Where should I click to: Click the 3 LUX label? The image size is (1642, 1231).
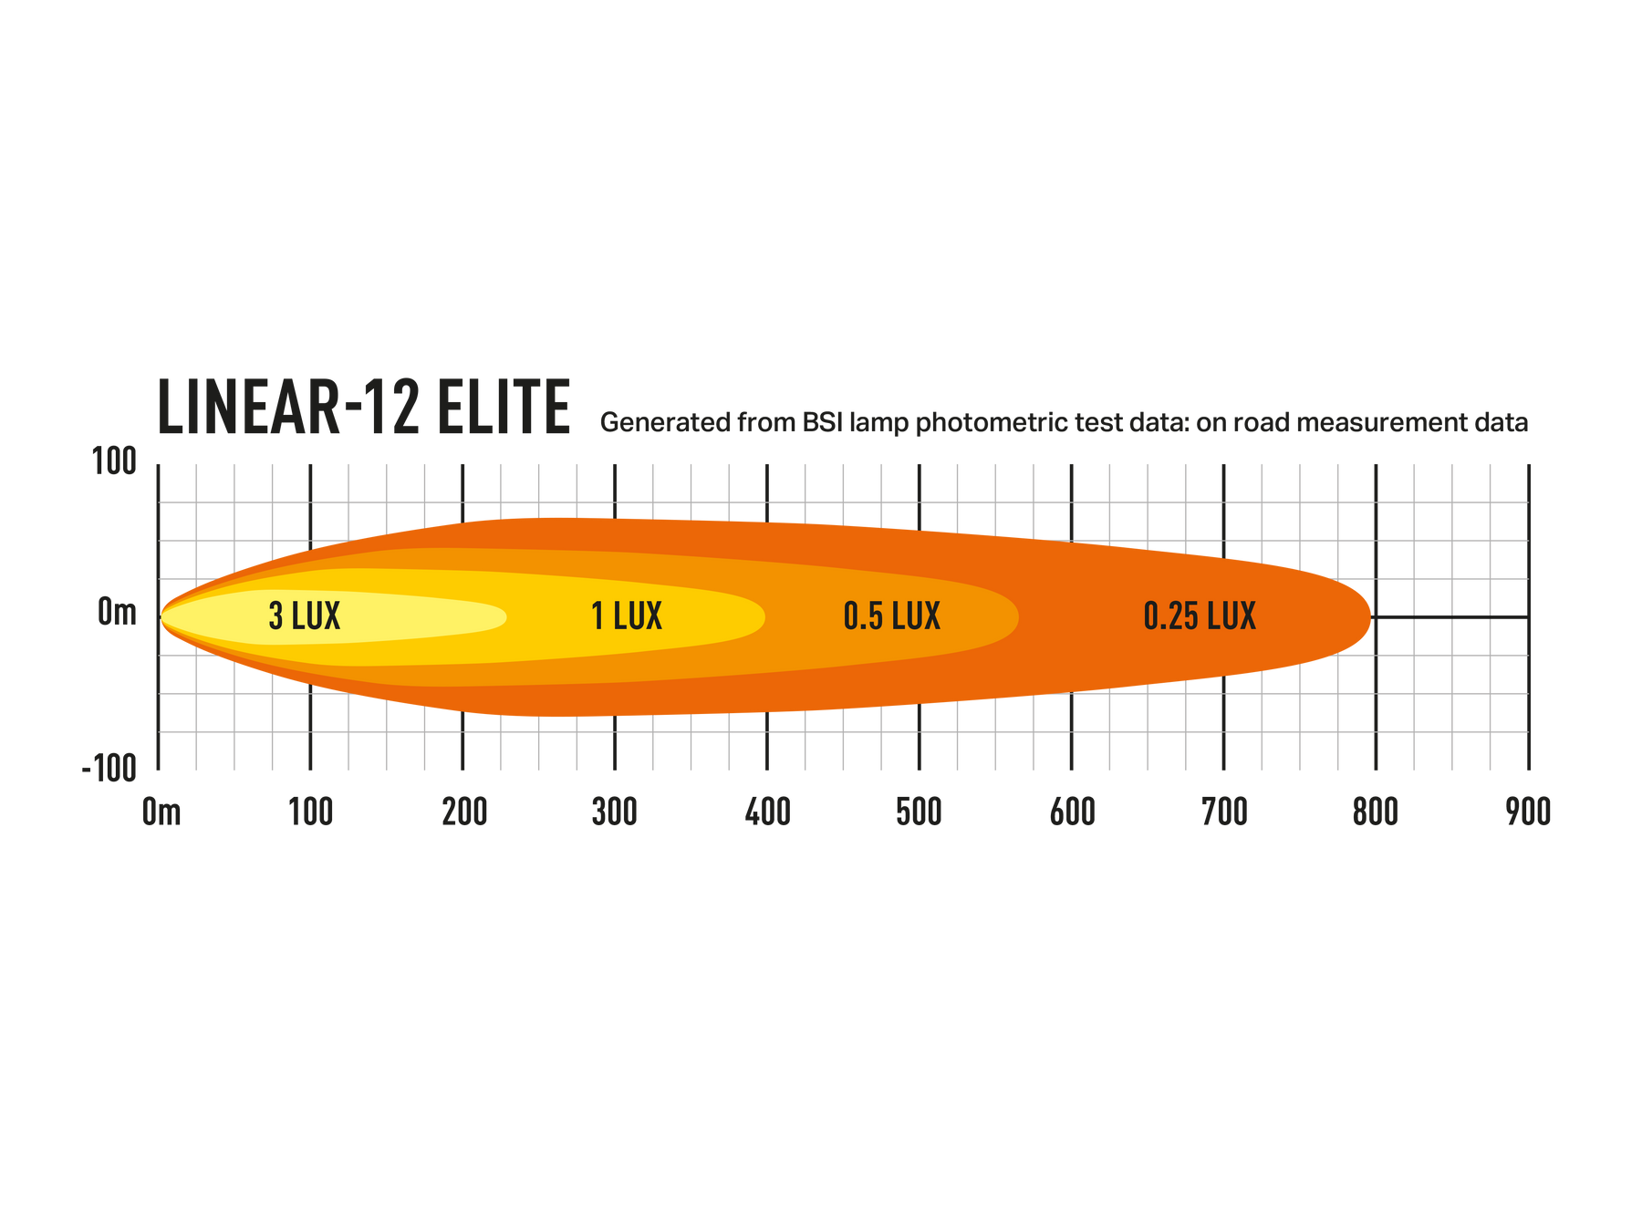(305, 616)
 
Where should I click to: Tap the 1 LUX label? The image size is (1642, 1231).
(627, 616)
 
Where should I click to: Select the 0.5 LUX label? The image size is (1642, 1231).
(891, 616)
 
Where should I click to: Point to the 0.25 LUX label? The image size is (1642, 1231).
(1200, 616)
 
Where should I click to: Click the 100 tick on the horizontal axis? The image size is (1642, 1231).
(311, 811)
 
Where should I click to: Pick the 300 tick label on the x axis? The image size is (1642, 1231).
(615, 811)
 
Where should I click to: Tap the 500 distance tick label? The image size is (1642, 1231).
(919, 811)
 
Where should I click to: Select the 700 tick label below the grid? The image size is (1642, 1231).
(1223, 811)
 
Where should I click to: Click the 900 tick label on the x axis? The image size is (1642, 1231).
(1528, 811)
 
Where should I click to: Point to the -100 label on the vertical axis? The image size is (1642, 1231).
(109, 769)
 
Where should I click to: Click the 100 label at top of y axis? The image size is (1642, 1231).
(115, 461)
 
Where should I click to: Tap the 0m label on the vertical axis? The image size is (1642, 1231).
(117, 612)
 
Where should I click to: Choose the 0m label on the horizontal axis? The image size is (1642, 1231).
(161, 811)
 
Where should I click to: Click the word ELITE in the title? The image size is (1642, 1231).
(503, 407)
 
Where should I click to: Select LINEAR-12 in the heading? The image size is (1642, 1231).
(288, 407)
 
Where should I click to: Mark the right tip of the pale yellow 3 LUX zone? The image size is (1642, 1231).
(504, 616)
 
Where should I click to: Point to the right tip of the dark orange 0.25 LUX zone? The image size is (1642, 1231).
(1370, 617)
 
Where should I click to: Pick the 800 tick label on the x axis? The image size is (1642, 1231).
(1376, 811)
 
